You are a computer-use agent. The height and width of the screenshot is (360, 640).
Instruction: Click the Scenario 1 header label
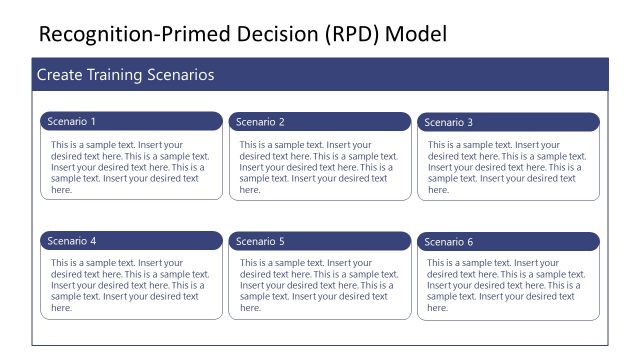[x=72, y=122]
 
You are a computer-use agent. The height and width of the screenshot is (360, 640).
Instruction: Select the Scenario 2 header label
[x=260, y=122]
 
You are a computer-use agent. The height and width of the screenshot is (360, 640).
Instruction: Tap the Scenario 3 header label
[x=449, y=123]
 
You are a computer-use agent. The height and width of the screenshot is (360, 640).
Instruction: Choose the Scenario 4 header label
[x=72, y=241]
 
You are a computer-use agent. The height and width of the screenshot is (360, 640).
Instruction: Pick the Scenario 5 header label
[x=260, y=241]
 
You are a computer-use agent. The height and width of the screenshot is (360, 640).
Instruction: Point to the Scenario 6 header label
[x=449, y=242]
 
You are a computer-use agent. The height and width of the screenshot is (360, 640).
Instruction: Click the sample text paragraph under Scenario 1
[x=130, y=167]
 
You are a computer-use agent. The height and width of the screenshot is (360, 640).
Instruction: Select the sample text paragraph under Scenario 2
[x=319, y=167]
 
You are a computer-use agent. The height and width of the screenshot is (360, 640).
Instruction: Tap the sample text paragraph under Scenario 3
[x=507, y=167]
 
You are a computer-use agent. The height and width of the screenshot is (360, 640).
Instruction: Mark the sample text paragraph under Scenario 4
[x=130, y=285]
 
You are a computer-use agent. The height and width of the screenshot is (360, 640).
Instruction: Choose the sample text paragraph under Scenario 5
[x=319, y=285]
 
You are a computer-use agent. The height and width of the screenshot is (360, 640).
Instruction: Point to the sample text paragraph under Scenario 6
[x=507, y=285]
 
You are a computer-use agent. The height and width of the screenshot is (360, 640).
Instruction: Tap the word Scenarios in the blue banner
[x=182, y=75]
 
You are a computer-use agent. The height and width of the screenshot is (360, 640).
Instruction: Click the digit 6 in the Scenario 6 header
[x=470, y=242]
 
